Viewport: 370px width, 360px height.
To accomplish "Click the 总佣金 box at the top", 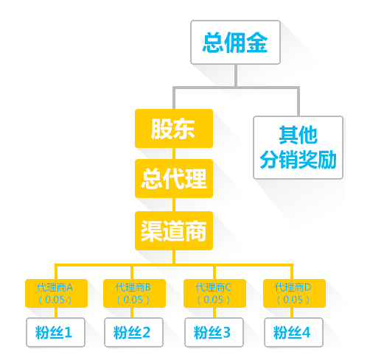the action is [235, 42].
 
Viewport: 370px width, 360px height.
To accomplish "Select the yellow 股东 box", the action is [174, 128].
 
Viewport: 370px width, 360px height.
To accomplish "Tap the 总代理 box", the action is [174, 178].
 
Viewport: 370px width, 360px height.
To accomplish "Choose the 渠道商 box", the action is [174, 230].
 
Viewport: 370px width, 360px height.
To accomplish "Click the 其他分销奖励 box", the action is [298, 147].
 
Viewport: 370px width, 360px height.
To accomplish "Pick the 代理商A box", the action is [56, 293].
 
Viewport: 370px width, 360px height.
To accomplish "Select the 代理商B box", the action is [134, 293].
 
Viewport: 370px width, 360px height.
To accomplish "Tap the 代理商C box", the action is [214, 293].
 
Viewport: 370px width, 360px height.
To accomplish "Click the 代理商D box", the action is [294, 293].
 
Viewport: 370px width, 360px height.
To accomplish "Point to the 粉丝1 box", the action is [55, 332].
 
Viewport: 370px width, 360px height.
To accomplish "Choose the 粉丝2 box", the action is [133, 332].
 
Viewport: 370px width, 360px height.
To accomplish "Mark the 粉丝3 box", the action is [214, 332].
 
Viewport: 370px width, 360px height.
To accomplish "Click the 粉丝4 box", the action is [293, 332].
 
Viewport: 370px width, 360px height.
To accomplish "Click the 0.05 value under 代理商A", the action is [55, 300].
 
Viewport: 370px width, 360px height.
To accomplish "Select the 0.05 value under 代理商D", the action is [293, 300].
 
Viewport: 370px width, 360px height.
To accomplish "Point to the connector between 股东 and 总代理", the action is [174, 153].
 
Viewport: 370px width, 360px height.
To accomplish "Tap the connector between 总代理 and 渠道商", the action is [174, 205].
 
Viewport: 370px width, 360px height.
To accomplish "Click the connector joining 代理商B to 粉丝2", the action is [132, 313].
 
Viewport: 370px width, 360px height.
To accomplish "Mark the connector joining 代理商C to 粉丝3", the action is [214, 313].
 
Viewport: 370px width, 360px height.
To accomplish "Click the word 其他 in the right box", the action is [299, 135].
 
